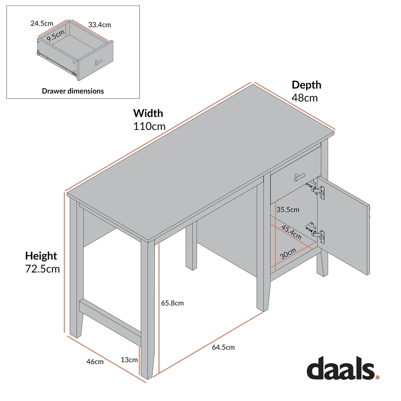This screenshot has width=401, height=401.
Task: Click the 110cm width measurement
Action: pyautogui.click(x=149, y=126)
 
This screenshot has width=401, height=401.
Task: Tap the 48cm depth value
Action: pyautogui.click(x=304, y=98)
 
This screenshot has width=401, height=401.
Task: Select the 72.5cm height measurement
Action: pyautogui.click(x=42, y=269)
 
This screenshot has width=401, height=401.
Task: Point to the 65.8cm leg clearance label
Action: pyautogui.click(x=172, y=303)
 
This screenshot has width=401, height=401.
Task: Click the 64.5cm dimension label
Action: pyautogui.click(x=223, y=347)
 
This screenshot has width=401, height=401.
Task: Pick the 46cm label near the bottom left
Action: pyautogui.click(x=95, y=362)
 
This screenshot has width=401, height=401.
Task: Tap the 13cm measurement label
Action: pyautogui.click(x=129, y=360)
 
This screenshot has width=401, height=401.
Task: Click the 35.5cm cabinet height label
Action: pyautogui.click(x=288, y=210)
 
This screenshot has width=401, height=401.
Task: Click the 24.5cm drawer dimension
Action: pyautogui.click(x=42, y=23)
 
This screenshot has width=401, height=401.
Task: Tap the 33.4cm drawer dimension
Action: pyautogui.click(x=99, y=25)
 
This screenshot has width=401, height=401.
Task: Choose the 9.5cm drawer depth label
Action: pyautogui.click(x=55, y=36)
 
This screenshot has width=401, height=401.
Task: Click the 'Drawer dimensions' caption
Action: pyautogui.click(x=73, y=91)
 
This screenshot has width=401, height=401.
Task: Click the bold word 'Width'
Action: pyautogui.click(x=148, y=114)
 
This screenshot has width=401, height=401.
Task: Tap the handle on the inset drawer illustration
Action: pyautogui.click(x=98, y=61)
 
